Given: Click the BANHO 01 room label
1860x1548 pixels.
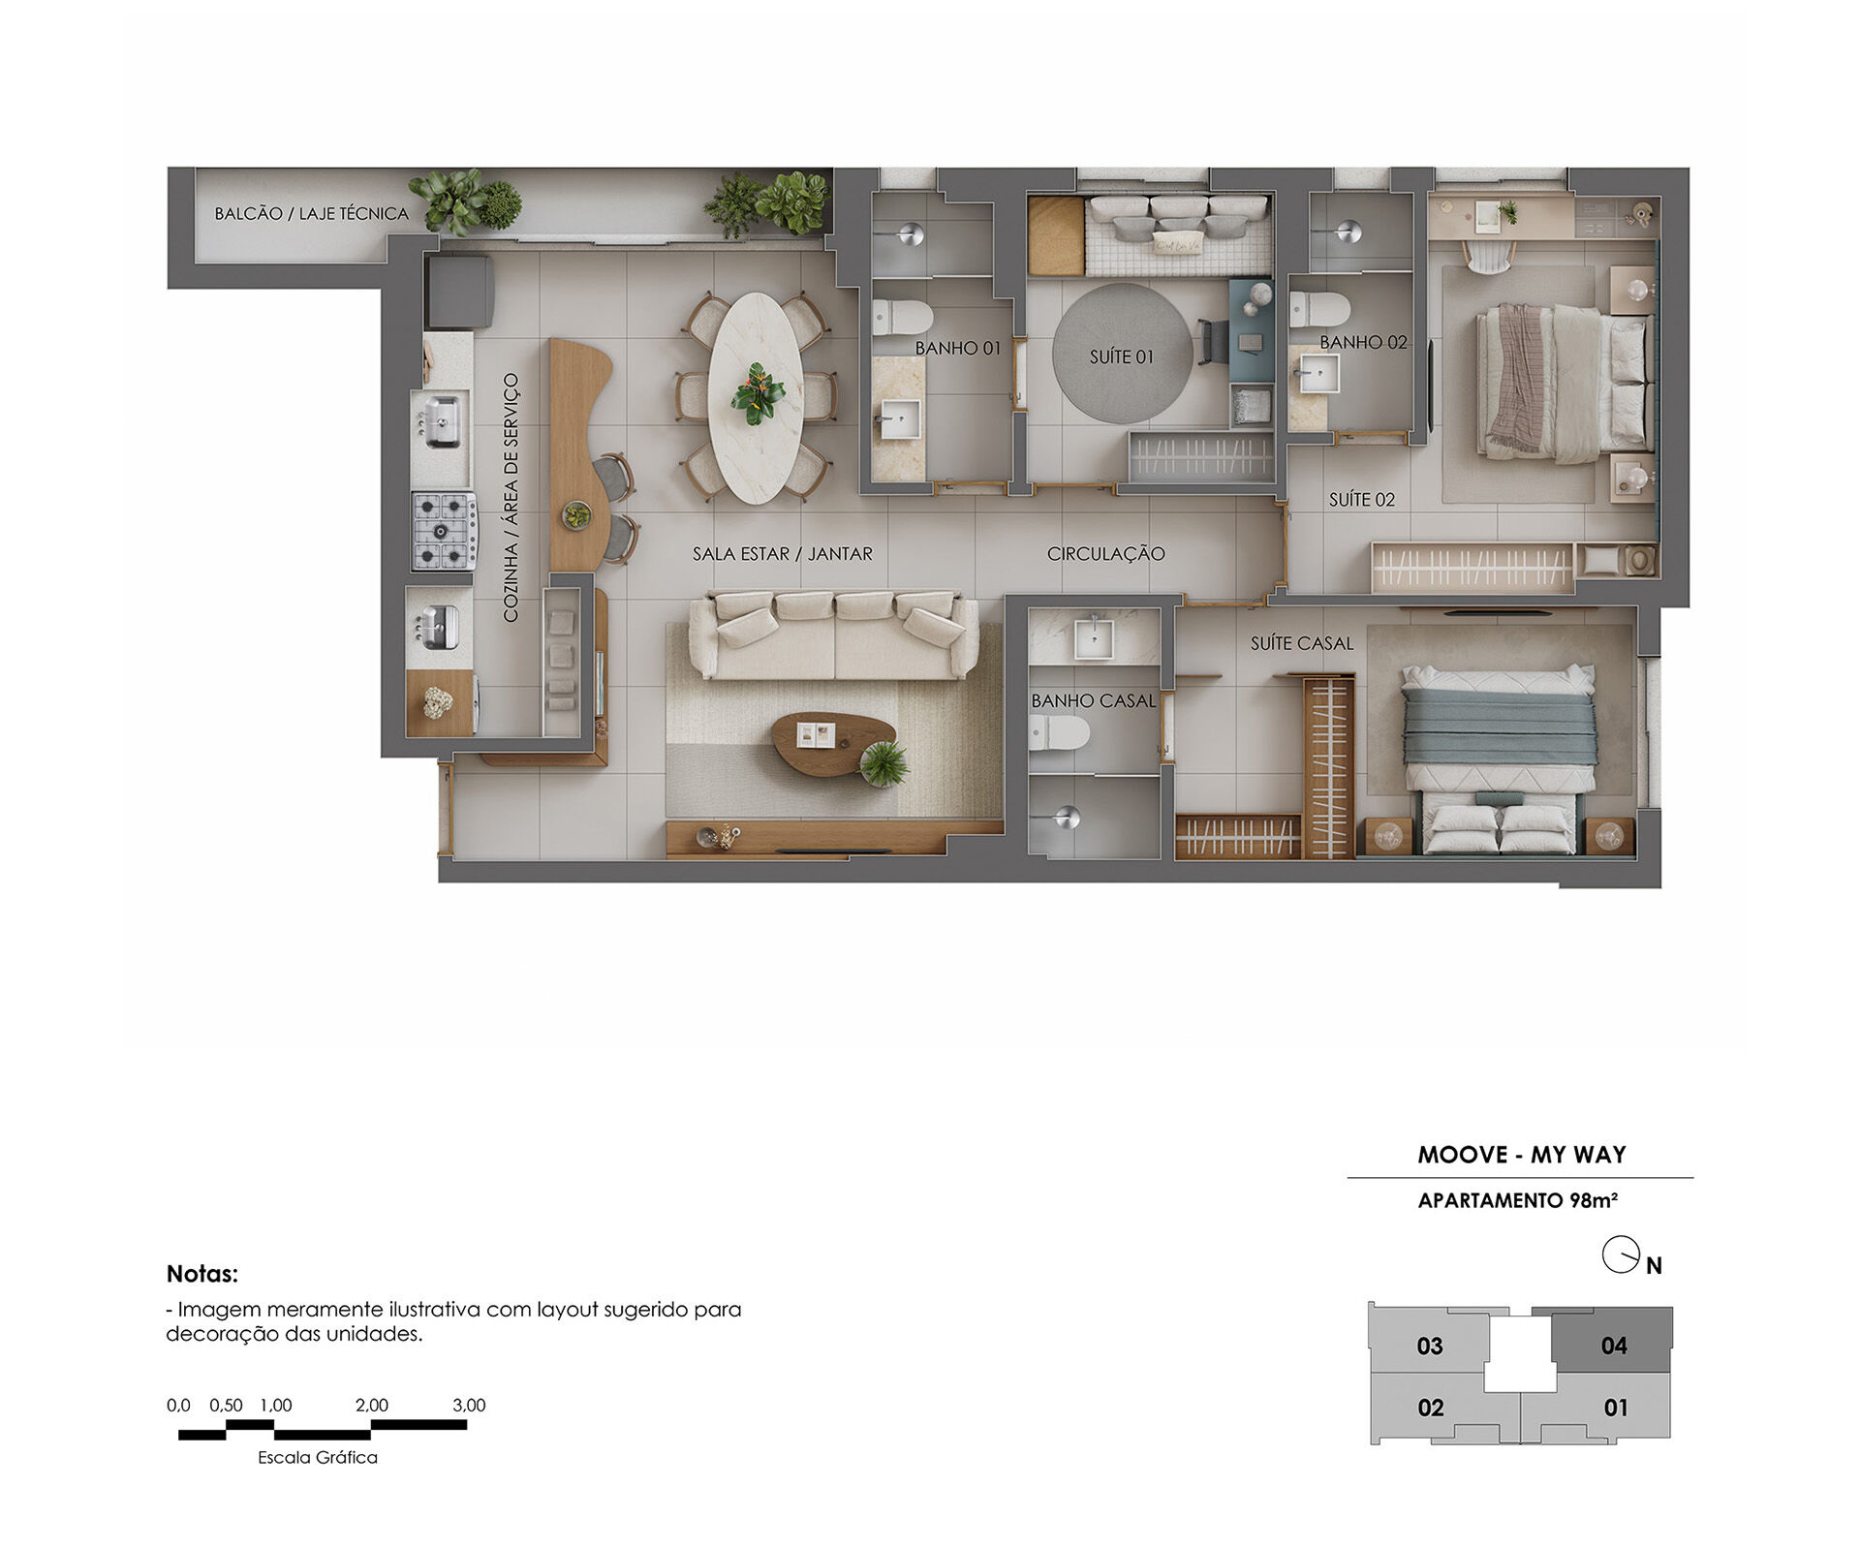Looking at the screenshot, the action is (957, 348).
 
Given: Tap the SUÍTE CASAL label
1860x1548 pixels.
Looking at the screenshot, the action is (1301, 643).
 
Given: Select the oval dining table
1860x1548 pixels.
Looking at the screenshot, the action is (757, 397).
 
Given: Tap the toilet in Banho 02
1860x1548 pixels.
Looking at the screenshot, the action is (1319, 310).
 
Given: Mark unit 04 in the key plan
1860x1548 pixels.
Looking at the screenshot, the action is (1613, 1345).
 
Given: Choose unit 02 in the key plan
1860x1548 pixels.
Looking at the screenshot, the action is (1430, 1408).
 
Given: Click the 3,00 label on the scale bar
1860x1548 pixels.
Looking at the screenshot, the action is (469, 1406).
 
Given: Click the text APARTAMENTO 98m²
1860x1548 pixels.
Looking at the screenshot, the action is (1518, 1201).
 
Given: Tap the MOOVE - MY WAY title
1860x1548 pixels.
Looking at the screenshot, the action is (1521, 1155).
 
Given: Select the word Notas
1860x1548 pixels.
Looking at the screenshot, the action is (201, 1274).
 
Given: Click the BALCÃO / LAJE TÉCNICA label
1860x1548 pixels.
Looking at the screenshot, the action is (312, 213).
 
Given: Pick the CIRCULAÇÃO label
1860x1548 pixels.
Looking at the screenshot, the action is (1105, 554).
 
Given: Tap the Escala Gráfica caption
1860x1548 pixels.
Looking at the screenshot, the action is (318, 1458).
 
